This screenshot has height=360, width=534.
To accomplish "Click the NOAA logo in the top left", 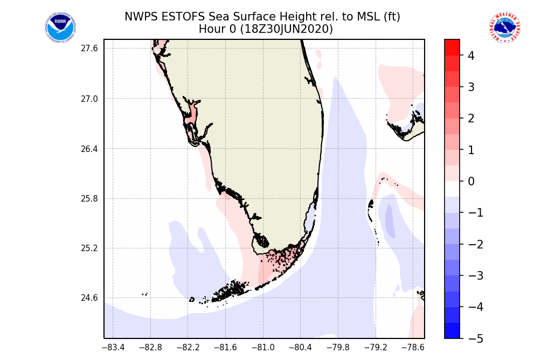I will tap(60, 28).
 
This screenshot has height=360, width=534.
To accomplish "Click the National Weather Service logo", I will tap(504, 28).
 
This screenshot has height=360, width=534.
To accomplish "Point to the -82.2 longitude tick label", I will tap(188, 348).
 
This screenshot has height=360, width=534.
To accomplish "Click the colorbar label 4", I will tap(471, 56).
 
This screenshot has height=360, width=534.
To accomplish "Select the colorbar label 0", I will tap(471, 182).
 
